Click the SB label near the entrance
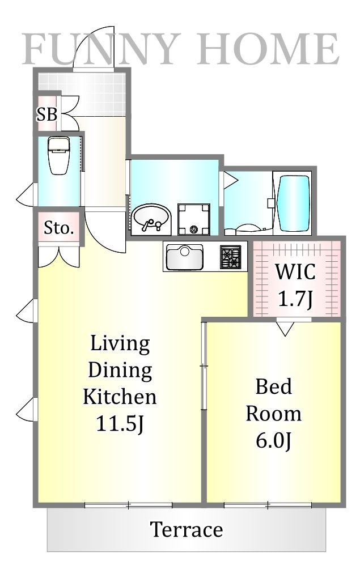coord(47,114)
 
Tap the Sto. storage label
coord(59,228)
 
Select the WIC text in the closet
coord(295,271)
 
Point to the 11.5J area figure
coord(120,423)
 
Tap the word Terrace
coord(187,530)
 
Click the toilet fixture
coord(58,155)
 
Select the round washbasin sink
coord(151,219)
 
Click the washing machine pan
coord(194,219)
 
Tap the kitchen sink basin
coord(184,257)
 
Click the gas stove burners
coord(231,256)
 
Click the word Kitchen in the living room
coord(120,397)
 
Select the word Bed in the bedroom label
coord(274,386)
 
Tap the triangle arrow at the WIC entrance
coord(285,328)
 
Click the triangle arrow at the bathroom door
coord(231,180)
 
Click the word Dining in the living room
coord(120,370)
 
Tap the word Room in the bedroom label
coord(274,414)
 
